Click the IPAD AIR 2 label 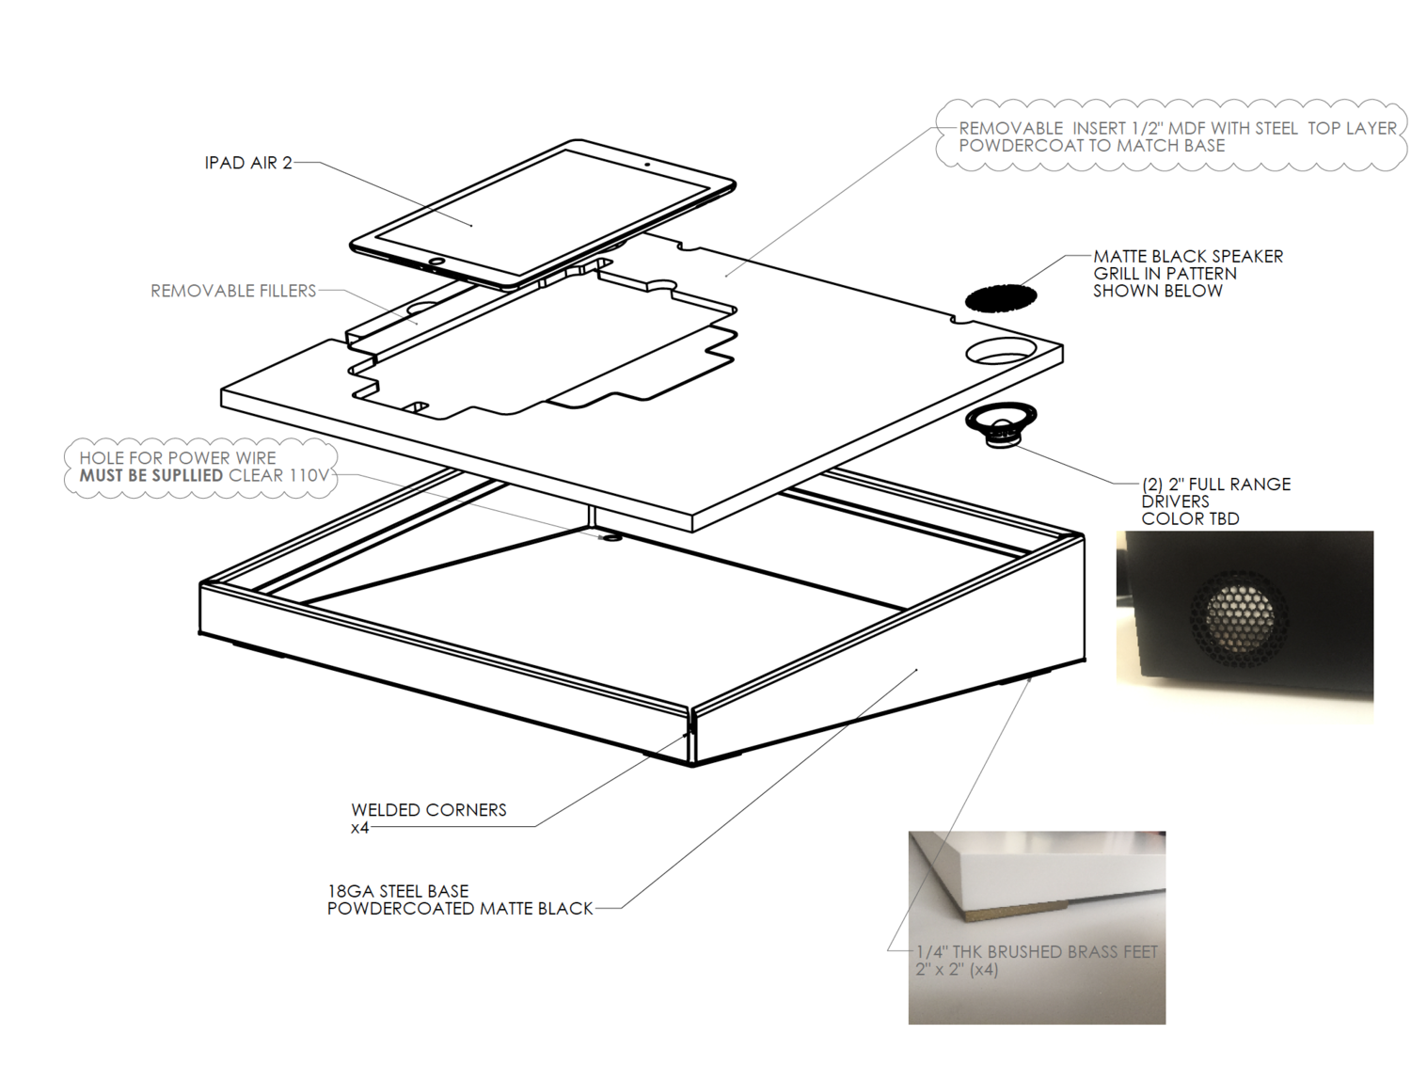click(247, 163)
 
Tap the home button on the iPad click(436, 261)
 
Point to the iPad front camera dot click(647, 164)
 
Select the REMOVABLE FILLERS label click(233, 291)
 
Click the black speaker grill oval click(1001, 298)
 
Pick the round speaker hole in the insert click(1001, 352)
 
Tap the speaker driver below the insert click(1001, 422)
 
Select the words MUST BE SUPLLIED click(151, 476)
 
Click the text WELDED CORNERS click(428, 810)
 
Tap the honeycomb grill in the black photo click(1240, 617)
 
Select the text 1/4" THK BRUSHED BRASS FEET click(1037, 952)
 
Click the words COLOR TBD click(1190, 519)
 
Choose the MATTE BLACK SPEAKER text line click(1188, 256)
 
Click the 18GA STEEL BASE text click(397, 891)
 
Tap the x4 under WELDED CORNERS click(359, 828)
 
